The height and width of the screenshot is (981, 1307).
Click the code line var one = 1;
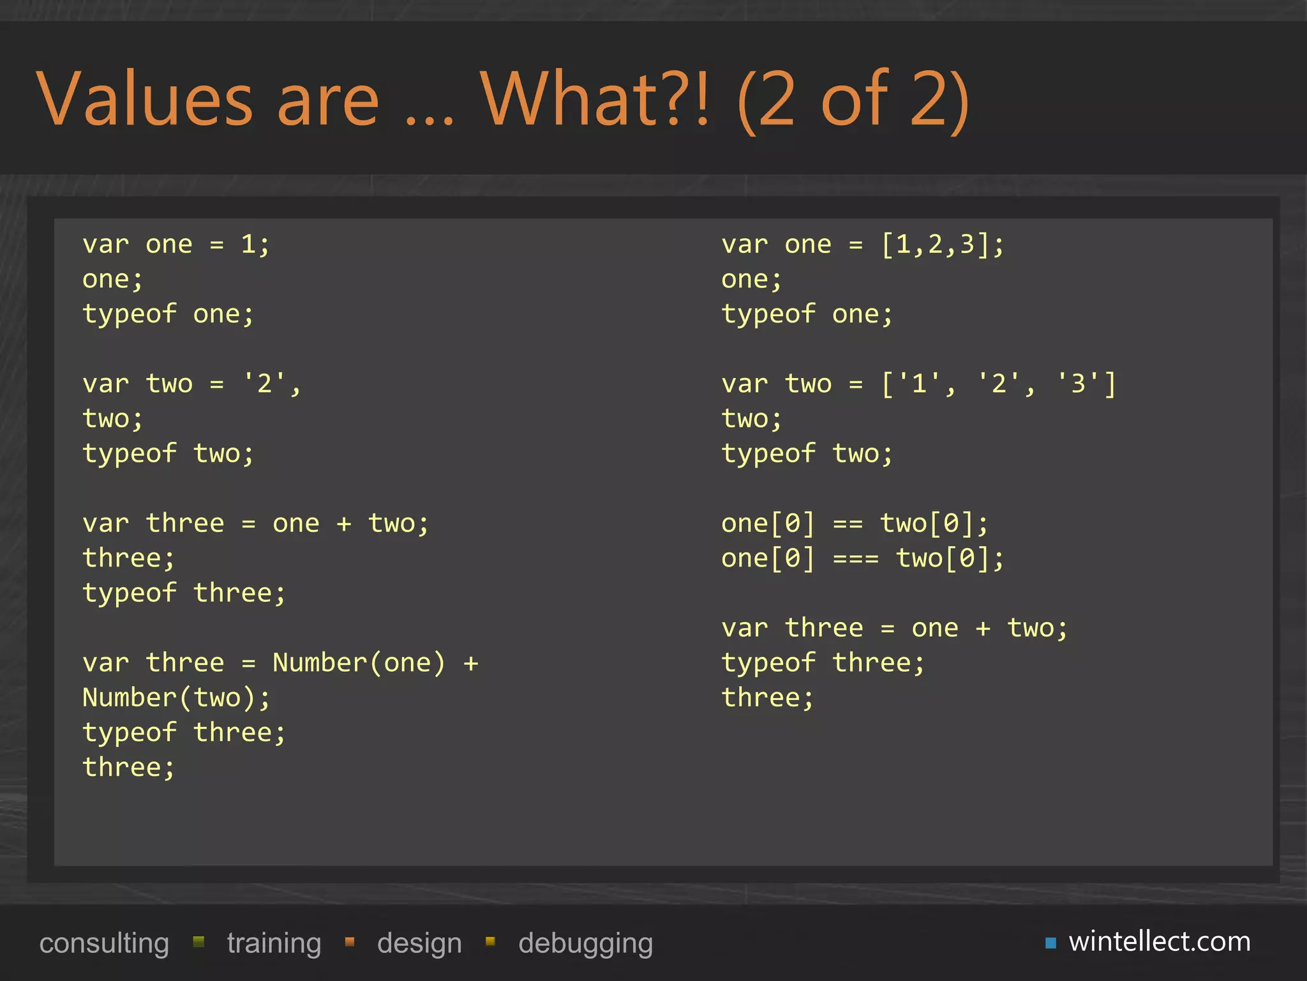(176, 245)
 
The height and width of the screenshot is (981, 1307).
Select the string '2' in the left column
(264, 384)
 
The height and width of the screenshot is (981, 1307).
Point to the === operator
(856, 559)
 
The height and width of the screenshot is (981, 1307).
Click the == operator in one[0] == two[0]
(848, 524)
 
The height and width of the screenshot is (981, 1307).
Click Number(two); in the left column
(176, 698)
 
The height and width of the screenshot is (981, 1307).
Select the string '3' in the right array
(1078, 384)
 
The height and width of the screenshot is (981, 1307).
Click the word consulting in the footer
(104, 943)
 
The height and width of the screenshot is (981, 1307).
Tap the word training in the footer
(274, 943)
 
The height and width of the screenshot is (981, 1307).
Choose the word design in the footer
(419, 943)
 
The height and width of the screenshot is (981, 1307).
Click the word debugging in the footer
(585, 943)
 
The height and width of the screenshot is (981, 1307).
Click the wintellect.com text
(1160, 941)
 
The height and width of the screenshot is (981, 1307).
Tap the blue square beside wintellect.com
(1050, 943)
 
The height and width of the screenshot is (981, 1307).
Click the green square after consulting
(198, 941)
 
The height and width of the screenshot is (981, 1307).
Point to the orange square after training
(350, 941)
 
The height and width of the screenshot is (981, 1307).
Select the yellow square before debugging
(490, 941)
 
